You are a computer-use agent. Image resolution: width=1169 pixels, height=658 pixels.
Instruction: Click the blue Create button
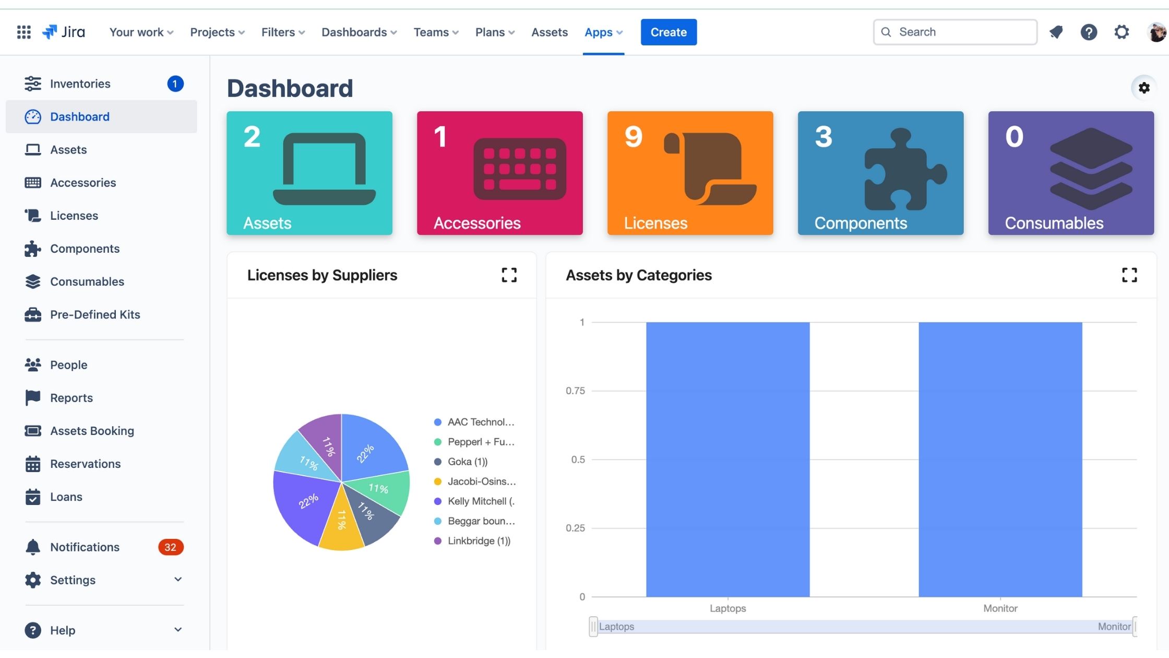tap(668, 32)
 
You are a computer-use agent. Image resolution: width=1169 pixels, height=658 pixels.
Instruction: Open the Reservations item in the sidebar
tap(85, 464)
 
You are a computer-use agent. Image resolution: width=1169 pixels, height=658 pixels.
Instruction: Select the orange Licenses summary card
tap(689, 173)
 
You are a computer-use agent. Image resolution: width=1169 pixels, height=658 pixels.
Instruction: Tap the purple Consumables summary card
tap(1070, 173)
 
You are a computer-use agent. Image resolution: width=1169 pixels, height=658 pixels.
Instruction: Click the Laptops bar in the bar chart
tap(727, 459)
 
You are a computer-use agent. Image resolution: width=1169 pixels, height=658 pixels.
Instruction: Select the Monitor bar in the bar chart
tap(1000, 459)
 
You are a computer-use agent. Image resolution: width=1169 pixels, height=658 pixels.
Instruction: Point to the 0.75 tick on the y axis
tap(575, 391)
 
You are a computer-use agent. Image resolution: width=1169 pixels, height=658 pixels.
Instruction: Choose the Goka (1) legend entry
tap(467, 462)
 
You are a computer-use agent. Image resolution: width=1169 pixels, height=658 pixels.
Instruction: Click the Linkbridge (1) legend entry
tap(478, 541)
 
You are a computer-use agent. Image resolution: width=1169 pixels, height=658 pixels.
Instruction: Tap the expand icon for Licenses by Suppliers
tap(509, 275)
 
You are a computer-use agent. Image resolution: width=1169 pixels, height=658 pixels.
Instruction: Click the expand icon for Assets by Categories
tap(1129, 275)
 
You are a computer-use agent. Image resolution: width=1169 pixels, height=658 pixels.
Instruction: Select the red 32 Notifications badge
tap(170, 547)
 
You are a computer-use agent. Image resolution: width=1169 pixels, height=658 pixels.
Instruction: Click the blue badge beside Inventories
tap(175, 84)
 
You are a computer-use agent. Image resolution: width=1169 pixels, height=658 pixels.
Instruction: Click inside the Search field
tap(960, 32)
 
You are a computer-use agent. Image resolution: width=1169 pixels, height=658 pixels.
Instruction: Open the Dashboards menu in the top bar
tap(359, 32)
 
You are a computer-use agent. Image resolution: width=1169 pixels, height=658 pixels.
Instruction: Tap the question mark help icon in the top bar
tap(1088, 32)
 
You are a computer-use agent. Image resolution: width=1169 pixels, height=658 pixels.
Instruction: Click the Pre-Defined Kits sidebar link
tap(95, 314)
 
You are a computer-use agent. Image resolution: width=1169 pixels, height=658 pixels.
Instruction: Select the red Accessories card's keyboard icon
tap(519, 169)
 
